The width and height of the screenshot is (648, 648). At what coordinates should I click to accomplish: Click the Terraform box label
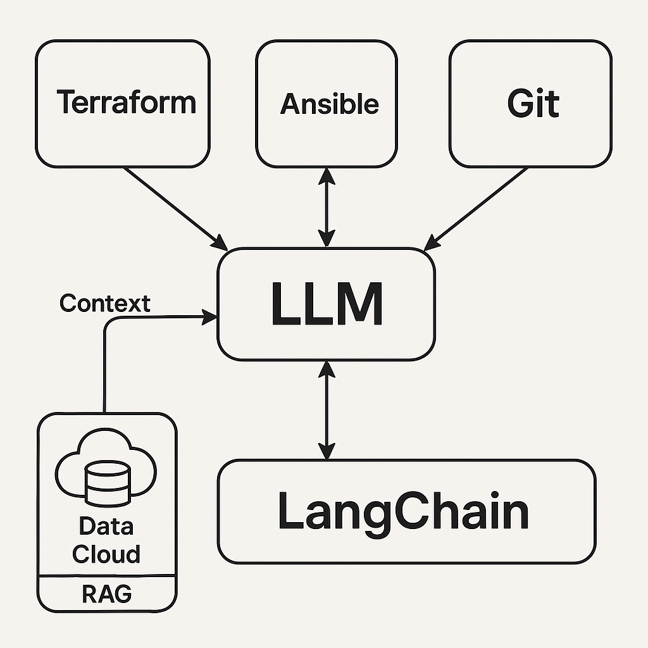pyautogui.click(x=126, y=103)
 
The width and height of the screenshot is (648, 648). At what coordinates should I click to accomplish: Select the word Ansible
pyautogui.click(x=329, y=104)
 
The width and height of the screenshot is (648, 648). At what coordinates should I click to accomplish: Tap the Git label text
pyautogui.click(x=533, y=103)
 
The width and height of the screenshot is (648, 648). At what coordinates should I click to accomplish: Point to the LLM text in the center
pyautogui.click(x=327, y=304)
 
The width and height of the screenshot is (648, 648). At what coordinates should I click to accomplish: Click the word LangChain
pyautogui.click(x=403, y=512)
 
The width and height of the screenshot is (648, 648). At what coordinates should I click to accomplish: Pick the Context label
pyautogui.click(x=105, y=304)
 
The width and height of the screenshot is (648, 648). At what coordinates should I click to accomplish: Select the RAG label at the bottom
pyautogui.click(x=107, y=594)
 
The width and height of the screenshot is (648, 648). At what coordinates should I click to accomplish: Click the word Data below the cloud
pyautogui.click(x=106, y=526)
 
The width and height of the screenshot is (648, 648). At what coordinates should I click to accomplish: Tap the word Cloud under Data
pyautogui.click(x=106, y=554)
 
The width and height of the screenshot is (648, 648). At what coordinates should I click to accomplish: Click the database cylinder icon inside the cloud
pyautogui.click(x=106, y=483)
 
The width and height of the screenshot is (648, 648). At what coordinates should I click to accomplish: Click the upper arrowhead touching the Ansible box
pyautogui.click(x=327, y=175)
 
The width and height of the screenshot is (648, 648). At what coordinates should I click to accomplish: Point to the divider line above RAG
pyautogui.click(x=107, y=576)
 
